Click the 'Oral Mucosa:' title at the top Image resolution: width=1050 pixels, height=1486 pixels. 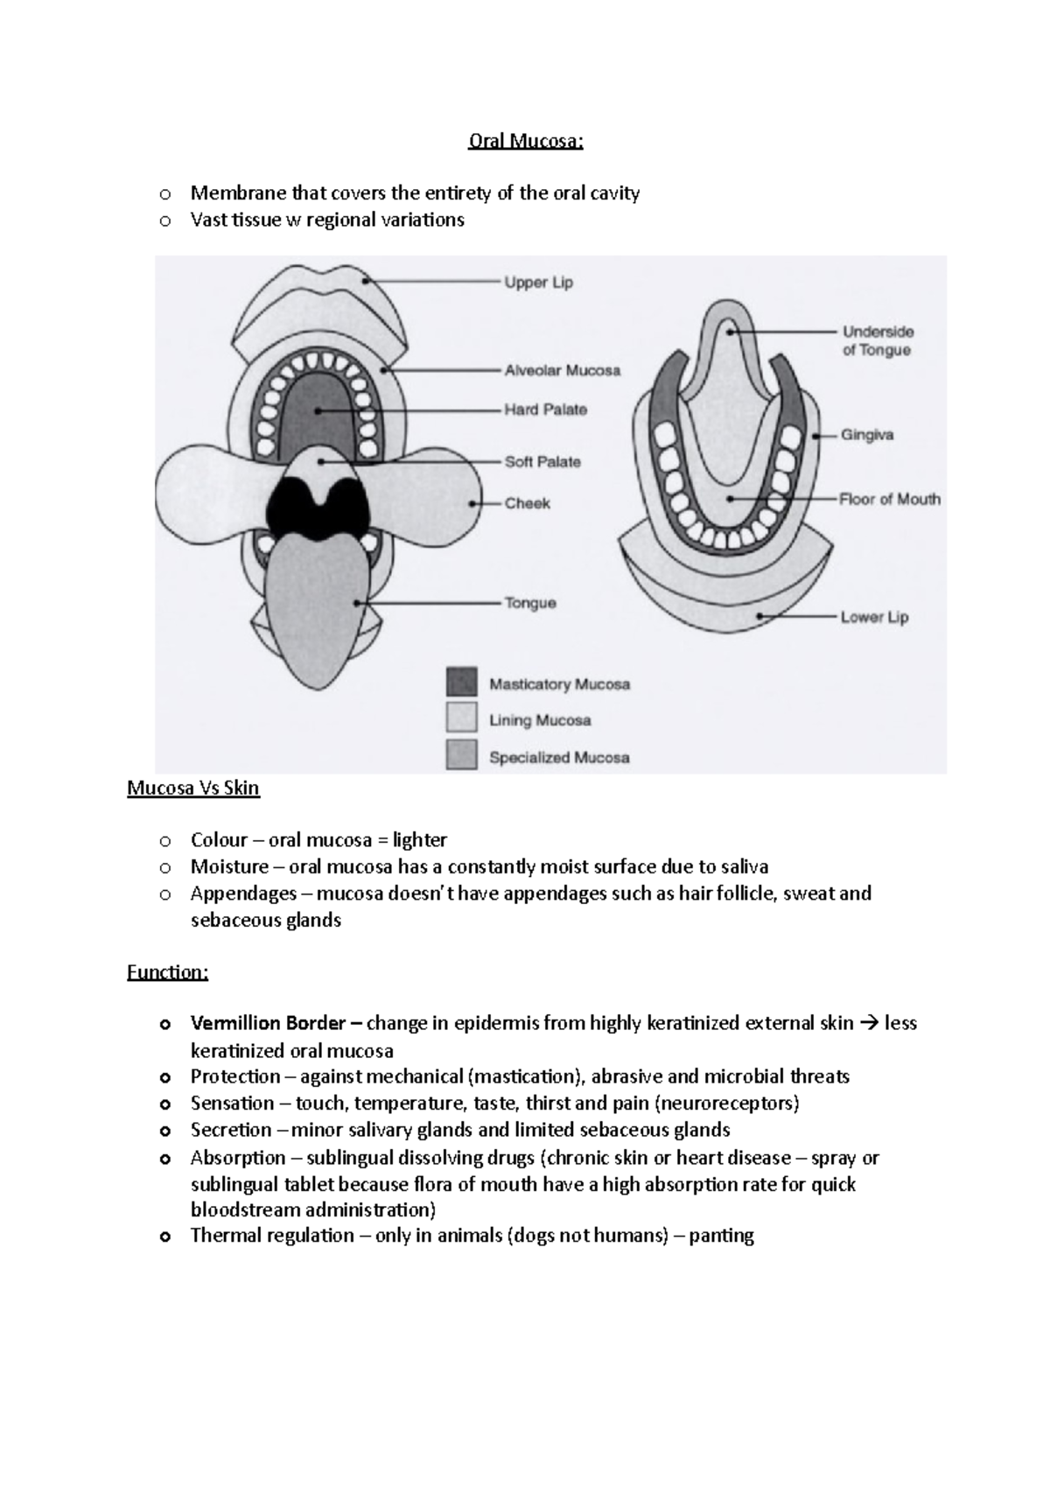[x=525, y=141]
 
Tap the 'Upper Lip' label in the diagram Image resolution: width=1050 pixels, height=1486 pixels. [x=538, y=283]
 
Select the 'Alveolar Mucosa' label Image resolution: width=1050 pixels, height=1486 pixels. [x=562, y=370]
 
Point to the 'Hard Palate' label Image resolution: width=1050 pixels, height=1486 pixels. [x=545, y=410]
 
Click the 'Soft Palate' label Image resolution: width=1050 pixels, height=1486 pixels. [x=542, y=462]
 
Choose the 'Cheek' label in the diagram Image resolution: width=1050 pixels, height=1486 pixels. [x=527, y=503]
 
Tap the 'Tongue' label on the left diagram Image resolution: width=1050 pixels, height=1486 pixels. [x=530, y=603]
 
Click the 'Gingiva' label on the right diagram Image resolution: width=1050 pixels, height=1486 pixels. [x=867, y=435]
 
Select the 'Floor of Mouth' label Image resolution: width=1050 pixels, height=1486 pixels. [x=890, y=500]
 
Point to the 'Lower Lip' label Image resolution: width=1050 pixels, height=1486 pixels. [x=874, y=617]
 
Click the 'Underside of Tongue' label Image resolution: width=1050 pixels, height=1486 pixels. [x=877, y=340]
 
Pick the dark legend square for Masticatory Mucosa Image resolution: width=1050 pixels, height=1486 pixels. [x=461, y=683]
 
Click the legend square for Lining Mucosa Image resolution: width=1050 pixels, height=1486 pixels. [x=461, y=718]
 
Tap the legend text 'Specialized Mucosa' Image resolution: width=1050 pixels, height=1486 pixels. [x=559, y=758]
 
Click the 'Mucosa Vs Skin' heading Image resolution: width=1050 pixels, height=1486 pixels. [x=193, y=788]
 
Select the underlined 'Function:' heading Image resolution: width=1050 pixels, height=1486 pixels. [x=167, y=972]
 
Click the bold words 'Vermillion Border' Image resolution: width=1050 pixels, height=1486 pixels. [x=268, y=1023]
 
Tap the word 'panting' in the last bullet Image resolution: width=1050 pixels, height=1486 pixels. [x=721, y=1236]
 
